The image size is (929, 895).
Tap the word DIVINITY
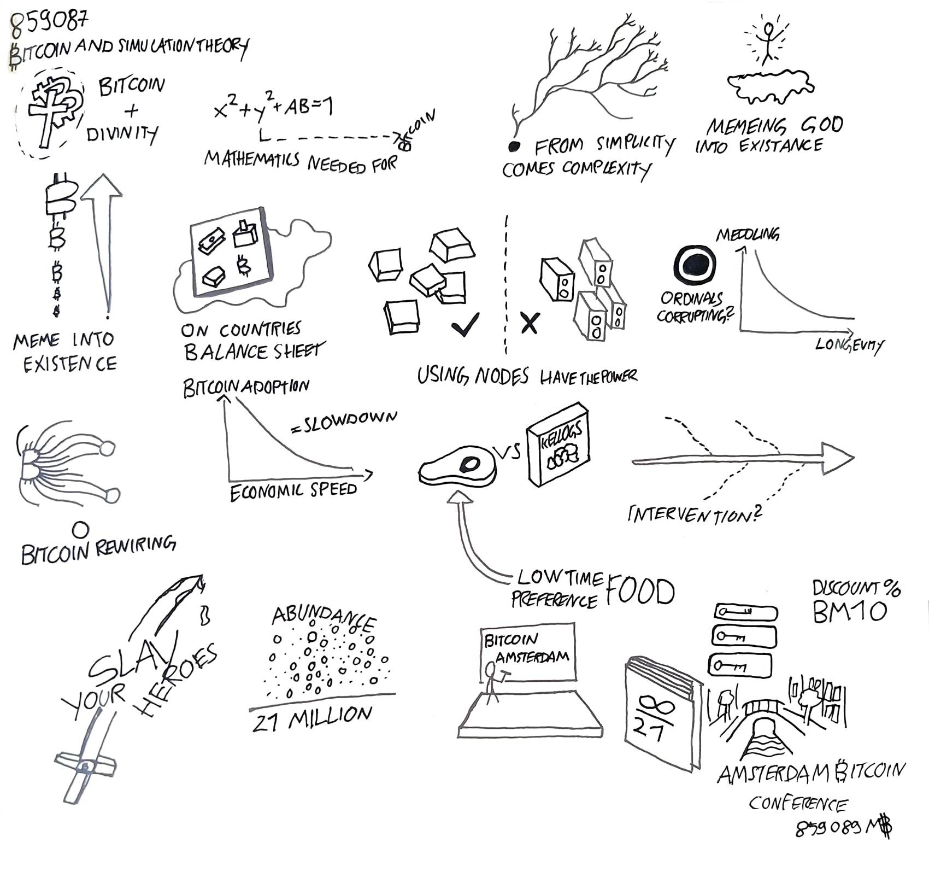(122, 133)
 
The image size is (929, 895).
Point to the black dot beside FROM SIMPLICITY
(514, 146)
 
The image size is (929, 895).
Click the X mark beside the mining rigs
(529, 323)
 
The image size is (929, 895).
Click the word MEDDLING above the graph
(748, 235)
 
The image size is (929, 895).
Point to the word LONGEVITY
(849, 344)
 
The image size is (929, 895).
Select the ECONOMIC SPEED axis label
(293, 490)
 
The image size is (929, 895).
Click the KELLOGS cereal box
(558, 444)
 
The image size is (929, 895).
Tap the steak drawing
(458, 466)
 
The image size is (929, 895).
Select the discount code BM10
(849, 611)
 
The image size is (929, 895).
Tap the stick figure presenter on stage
(492, 681)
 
